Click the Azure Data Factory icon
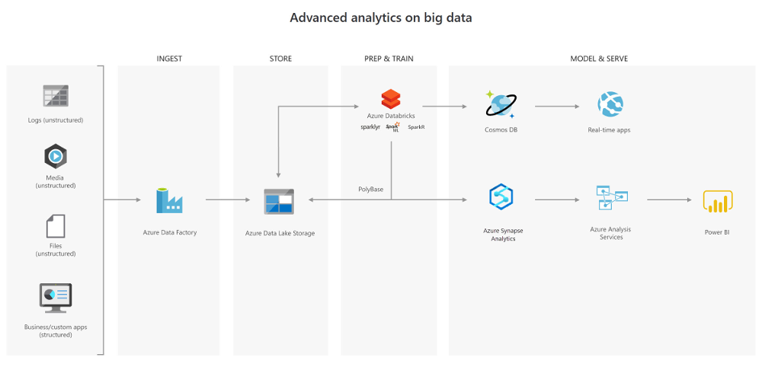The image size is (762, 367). pyautogui.click(x=169, y=200)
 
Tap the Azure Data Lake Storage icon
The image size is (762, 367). pyautogui.click(x=279, y=201)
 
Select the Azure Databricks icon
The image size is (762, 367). pyautogui.click(x=391, y=99)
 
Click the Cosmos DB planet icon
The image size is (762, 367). pyautogui.click(x=501, y=104)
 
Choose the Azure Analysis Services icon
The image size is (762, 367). pyautogui.click(x=611, y=197)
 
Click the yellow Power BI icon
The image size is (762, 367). pyautogui.click(x=717, y=201)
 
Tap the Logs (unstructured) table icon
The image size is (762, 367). pyautogui.click(x=56, y=96)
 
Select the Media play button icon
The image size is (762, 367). pyautogui.click(x=56, y=157)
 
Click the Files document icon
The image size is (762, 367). pyautogui.click(x=56, y=226)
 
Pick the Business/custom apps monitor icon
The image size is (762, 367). pyautogui.click(x=56, y=298)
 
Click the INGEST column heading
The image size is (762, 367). pyautogui.click(x=169, y=59)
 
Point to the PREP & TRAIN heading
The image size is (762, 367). pyautogui.click(x=389, y=59)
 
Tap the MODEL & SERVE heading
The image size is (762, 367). pyautogui.click(x=599, y=59)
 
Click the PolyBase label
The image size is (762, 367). pyautogui.click(x=371, y=189)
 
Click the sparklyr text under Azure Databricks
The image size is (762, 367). pyautogui.click(x=370, y=127)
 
